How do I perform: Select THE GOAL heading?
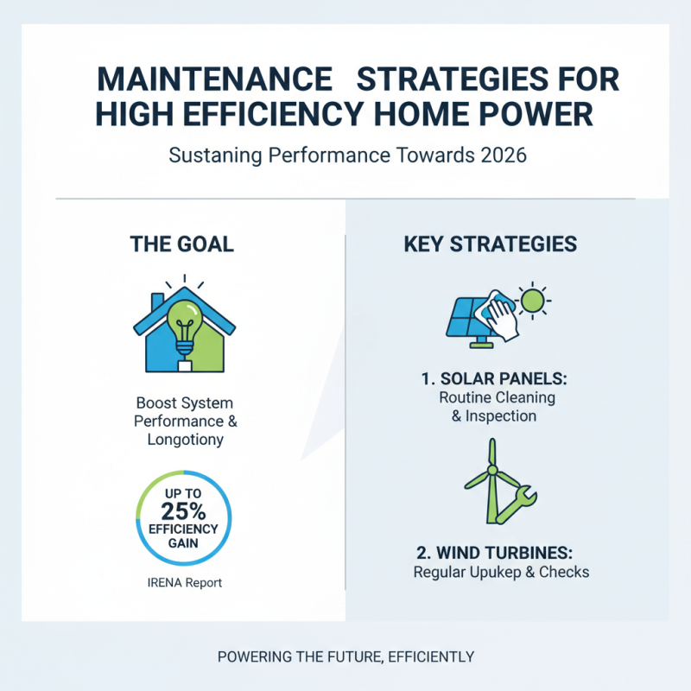(181, 244)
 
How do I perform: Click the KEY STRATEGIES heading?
(490, 244)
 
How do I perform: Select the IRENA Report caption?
(184, 582)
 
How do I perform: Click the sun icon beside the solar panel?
(532, 301)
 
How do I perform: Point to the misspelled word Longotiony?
(186, 440)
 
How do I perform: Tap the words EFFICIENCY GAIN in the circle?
(183, 535)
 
